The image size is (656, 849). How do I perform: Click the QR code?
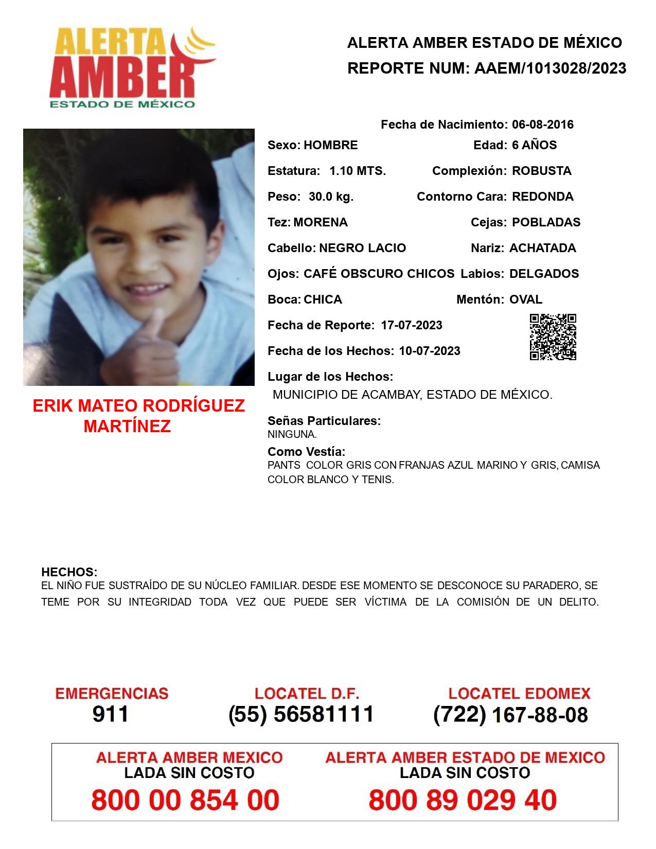coord(553,337)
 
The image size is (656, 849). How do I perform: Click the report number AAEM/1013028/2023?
coord(550,68)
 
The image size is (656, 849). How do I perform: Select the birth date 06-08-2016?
coord(542,125)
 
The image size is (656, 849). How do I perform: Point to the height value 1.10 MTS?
coord(358,171)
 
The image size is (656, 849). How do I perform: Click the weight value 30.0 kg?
coord(331,197)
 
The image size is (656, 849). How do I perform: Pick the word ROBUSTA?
coord(541,171)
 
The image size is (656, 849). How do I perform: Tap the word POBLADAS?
coord(546,222)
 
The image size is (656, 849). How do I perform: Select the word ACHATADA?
coord(542,248)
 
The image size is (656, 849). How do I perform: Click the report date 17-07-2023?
coord(412,325)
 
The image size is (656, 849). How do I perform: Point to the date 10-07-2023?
coord(430,351)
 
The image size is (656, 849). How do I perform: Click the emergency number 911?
coord(111,714)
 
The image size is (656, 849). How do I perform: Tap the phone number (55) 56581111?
coord(301,714)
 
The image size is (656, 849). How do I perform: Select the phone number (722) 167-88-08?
coord(510,714)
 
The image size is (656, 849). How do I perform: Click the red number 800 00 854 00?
coord(185,801)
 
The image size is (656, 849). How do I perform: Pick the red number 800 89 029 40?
coord(463,801)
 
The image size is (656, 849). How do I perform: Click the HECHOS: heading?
coord(69,572)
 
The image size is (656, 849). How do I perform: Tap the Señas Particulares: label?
coord(324,421)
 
